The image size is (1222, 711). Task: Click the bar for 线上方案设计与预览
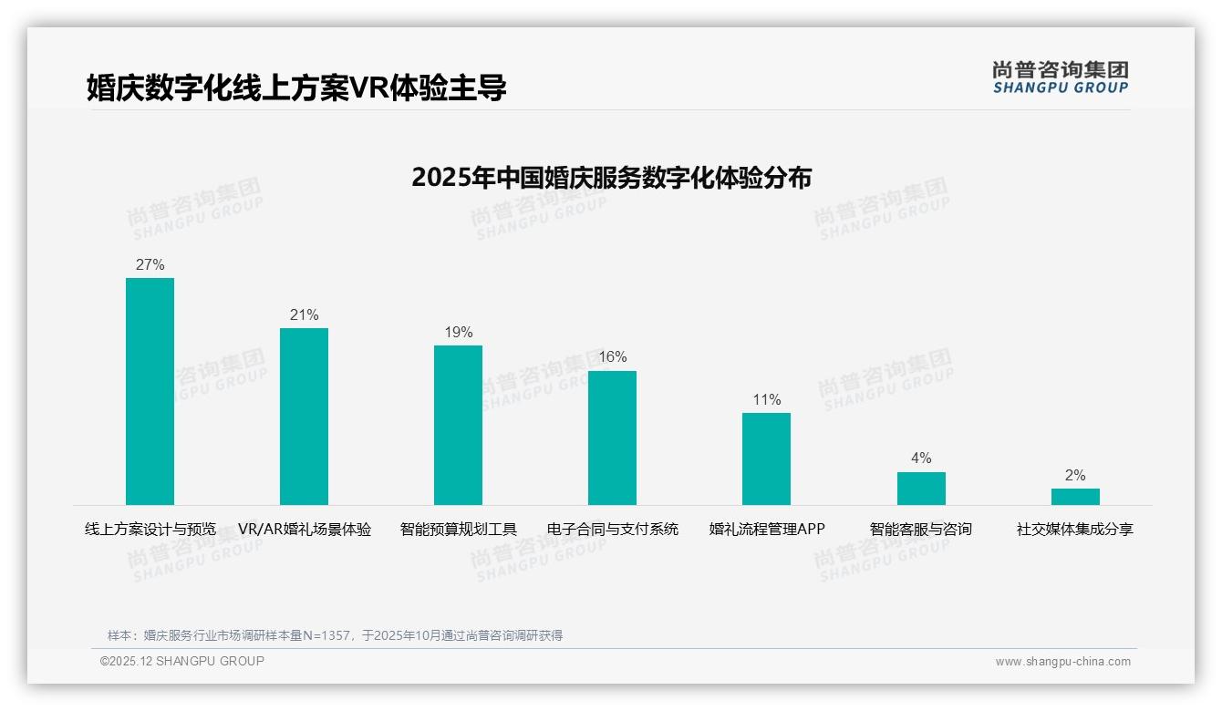click(x=150, y=391)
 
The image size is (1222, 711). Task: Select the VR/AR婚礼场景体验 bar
click(x=304, y=417)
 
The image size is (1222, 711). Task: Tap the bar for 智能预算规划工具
click(x=458, y=425)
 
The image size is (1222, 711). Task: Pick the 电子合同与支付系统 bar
click(x=612, y=438)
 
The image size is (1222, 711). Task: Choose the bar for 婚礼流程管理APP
click(x=766, y=459)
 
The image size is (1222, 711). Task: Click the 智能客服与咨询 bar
click(x=921, y=489)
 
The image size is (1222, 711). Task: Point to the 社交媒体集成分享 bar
click(x=1075, y=497)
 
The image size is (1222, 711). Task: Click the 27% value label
click(x=150, y=265)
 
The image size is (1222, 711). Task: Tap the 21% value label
click(x=304, y=315)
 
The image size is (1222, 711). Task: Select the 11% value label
click(x=766, y=400)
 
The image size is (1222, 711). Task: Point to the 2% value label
click(x=1075, y=476)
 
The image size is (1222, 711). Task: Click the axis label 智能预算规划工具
click(x=458, y=530)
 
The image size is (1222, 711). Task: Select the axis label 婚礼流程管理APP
click(x=766, y=530)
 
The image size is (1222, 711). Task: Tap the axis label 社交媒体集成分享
click(x=1075, y=530)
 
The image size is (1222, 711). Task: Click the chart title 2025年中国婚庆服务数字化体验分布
click(x=611, y=178)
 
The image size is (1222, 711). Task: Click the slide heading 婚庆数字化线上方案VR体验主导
click(x=296, y=88)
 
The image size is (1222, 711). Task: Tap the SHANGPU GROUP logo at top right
click(x=1061, y=77)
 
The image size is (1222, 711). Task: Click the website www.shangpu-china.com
click(x=1062, y=662)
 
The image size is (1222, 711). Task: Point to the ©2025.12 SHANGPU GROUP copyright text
click(x=182, y=662)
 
